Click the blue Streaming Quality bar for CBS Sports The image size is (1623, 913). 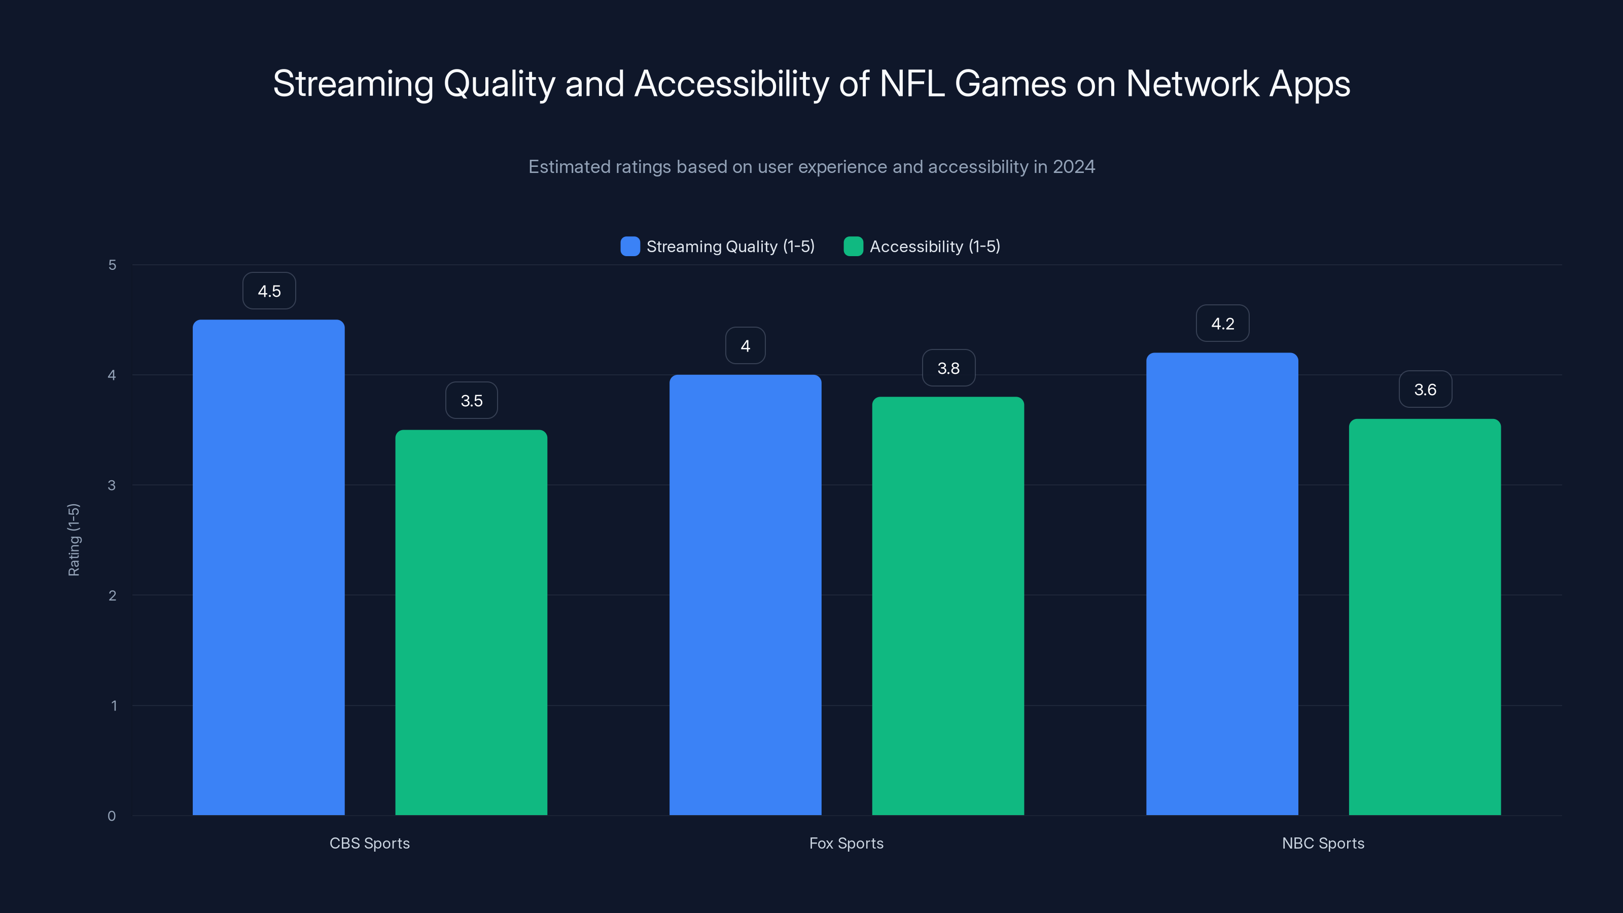(x=268, y=567)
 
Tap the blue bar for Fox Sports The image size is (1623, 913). (x=746, y=595)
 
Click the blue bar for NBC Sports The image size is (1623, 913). (x=1222, y=583)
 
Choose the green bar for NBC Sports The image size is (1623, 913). (x=1425, y=617)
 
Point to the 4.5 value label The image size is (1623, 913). (x=269, y=291)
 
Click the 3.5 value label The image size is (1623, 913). (x=471, y=401)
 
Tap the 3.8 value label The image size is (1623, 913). (x=948, y=368)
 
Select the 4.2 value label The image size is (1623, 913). (x=1222, y=324)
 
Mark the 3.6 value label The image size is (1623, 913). (x=1425, y=390)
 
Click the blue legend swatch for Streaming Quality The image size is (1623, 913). (x=630, y=247)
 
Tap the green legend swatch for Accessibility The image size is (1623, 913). (x=853, y=247)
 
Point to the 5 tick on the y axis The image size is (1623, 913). (x=112, y=265)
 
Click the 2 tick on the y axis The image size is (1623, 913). (x=112, y=595)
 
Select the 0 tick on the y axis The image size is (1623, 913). (x=112, y=816)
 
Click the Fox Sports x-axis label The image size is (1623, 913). (x=846, y=843)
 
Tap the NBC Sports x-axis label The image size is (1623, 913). (x=1323, y=843)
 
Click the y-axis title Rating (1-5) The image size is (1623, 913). (x=74, y=540)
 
